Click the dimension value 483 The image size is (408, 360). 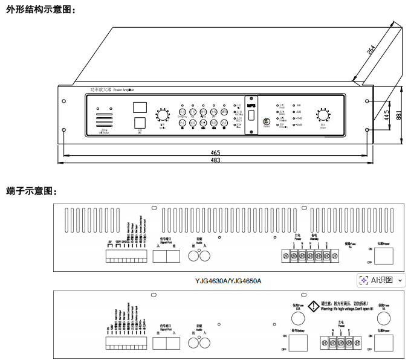[215, 160]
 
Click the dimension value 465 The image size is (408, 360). [215, 152]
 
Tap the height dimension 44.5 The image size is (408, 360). [387, 115]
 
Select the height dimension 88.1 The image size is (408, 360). [398, 114]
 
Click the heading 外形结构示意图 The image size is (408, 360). [39, 10]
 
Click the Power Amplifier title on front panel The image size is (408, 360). [112, 89]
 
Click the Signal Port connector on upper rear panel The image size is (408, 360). [166, 256]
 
